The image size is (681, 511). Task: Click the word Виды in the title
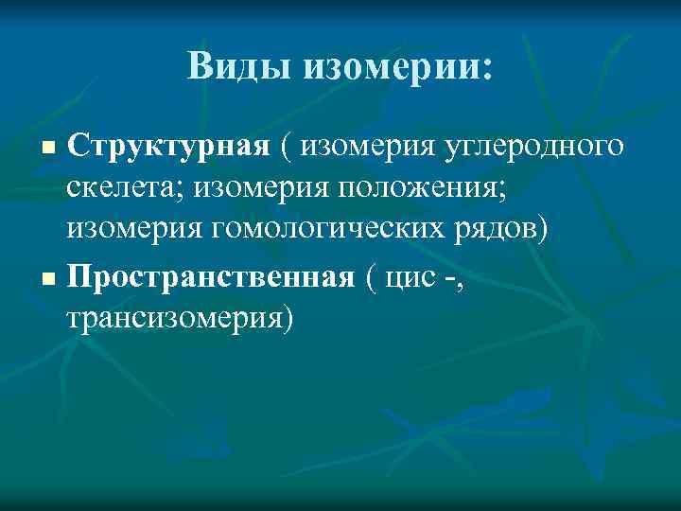pos(239,65)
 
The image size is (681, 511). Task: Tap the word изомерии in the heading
pos(392,66)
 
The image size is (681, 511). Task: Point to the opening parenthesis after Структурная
pos(286,147)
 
